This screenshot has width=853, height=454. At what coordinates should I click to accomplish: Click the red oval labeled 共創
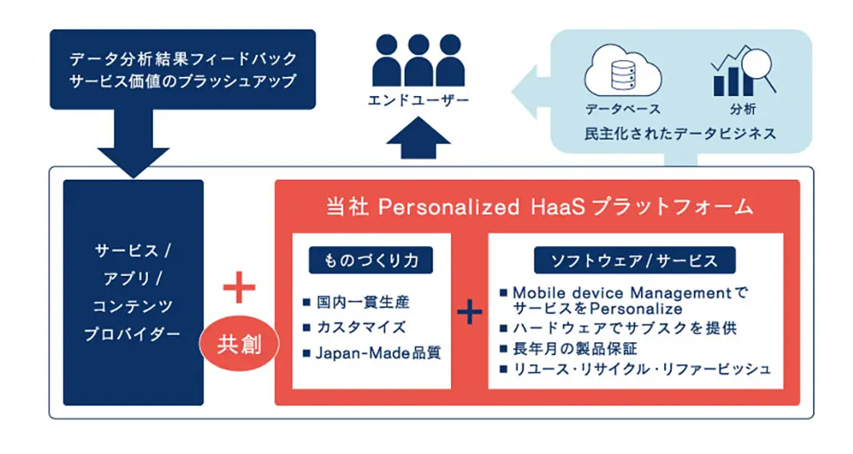(x=239, y=344)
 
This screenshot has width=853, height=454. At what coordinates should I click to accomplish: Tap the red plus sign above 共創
(x=239, y=286)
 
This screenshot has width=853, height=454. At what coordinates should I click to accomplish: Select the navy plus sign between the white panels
(x=469, y=312)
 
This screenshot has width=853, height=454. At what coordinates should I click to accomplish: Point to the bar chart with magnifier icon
(x=743, y=70)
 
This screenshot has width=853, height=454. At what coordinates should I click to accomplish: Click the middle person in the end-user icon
(x=418, y=60)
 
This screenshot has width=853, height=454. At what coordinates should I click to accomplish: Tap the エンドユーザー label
(x=418, y=101)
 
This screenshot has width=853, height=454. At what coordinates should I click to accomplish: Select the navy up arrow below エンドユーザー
(x=418, y=137)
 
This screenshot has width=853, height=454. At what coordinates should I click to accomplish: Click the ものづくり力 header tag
(x=371, y=261)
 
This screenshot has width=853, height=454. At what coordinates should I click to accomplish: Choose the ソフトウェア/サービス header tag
(x=635, y=261)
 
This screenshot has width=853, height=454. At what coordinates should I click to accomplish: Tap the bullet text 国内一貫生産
(x=363, y=302)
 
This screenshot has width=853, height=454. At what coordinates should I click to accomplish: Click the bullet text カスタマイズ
(x=361, y=328)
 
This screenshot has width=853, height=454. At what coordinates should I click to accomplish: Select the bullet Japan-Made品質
(x=378, y=353)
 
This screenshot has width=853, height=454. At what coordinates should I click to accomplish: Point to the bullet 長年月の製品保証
(x=575, y=348)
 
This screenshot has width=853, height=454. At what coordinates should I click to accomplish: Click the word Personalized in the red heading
(x=448, y=207)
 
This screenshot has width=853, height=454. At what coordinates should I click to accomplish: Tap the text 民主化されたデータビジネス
(x=680, y=133)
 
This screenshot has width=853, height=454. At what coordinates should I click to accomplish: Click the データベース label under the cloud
(x=623, y=110)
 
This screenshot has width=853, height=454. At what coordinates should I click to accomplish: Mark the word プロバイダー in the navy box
(x=132, y=334)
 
